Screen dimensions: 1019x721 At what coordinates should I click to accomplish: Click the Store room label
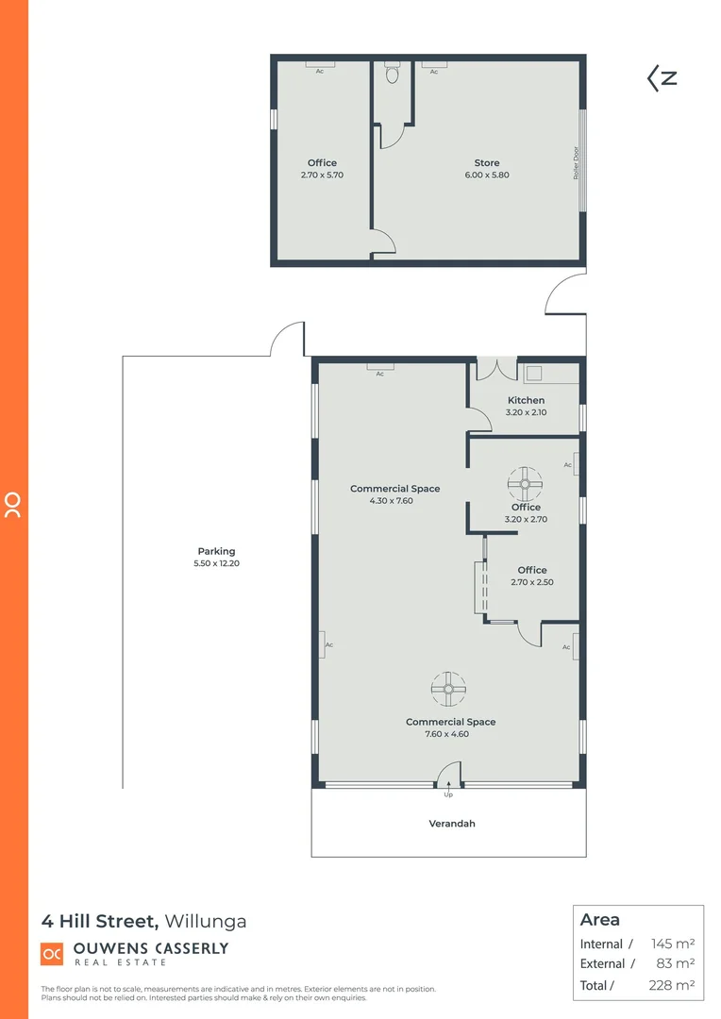click(487, 163)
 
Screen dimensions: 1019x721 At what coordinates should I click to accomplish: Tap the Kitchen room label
click(526, 400)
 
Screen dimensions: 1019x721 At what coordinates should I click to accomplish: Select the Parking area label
click(216, 551)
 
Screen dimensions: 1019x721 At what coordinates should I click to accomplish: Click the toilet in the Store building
click(393, 73)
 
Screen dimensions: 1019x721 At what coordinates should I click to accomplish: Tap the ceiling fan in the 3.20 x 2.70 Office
click(525, 483)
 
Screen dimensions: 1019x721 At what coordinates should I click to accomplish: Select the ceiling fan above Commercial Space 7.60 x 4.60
click(448, 688)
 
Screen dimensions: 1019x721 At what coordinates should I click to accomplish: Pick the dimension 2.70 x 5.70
click(322, 175)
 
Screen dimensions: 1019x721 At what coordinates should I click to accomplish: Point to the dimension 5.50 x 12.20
click(216, 563)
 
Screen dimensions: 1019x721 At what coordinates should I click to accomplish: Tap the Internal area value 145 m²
click(673, 944)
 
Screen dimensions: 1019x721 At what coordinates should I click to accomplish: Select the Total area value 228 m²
click(673, 985)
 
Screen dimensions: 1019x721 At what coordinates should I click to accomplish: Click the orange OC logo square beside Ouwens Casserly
click(52, 954)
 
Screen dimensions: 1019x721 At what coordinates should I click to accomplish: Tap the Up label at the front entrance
click(448, 794)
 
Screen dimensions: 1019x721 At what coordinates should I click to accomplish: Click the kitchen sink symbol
click(534, 373)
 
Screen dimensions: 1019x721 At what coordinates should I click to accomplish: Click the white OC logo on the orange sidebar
click(13, 505)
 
